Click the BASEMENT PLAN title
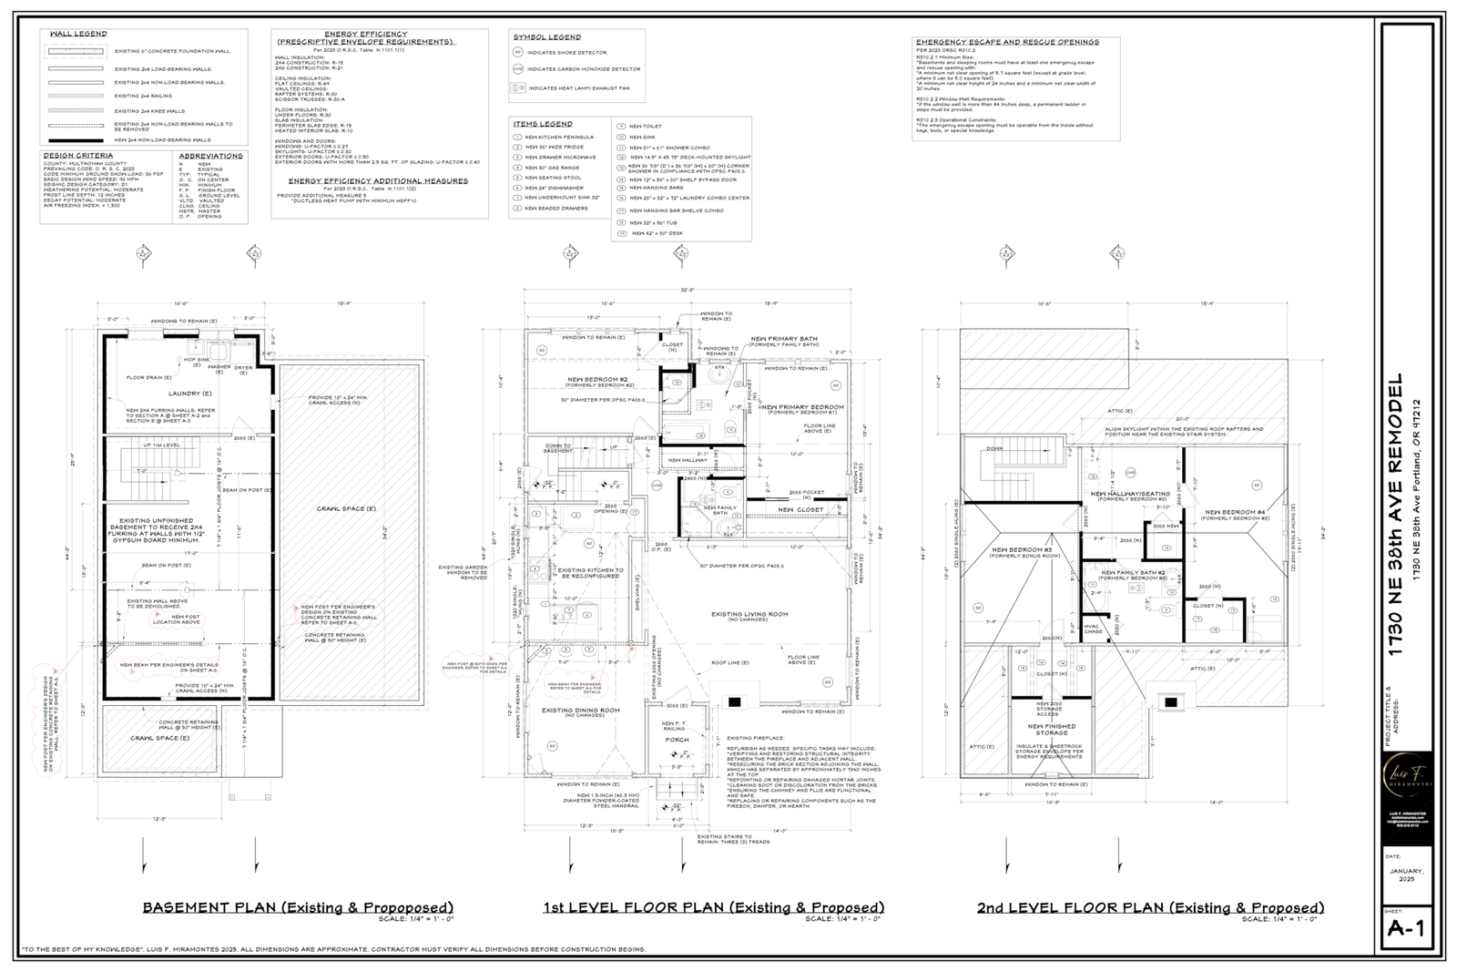297,907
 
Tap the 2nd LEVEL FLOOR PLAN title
1150,907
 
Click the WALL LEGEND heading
77,34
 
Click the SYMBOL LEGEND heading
546,37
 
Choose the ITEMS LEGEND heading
542,124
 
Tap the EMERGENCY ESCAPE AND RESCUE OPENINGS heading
1006,42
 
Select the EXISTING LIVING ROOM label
749,614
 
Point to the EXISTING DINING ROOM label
581,711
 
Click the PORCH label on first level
677,740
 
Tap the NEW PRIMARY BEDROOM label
802,406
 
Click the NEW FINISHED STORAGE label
1052,729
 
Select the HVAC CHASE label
1093,628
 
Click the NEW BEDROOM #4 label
1237,512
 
